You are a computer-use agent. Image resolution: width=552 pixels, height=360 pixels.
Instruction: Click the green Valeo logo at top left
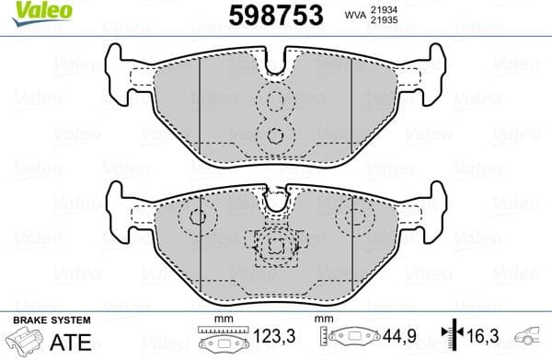tap(35, 11)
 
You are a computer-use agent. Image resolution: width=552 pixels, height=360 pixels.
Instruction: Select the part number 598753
tap(273, 15)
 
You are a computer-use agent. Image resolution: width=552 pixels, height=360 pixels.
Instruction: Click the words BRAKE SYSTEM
tap(51, 319)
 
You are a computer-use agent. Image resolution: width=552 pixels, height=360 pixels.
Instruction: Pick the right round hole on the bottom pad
tap(352, 217)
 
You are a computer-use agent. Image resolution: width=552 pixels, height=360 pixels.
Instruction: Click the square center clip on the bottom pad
tap(276, 245)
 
